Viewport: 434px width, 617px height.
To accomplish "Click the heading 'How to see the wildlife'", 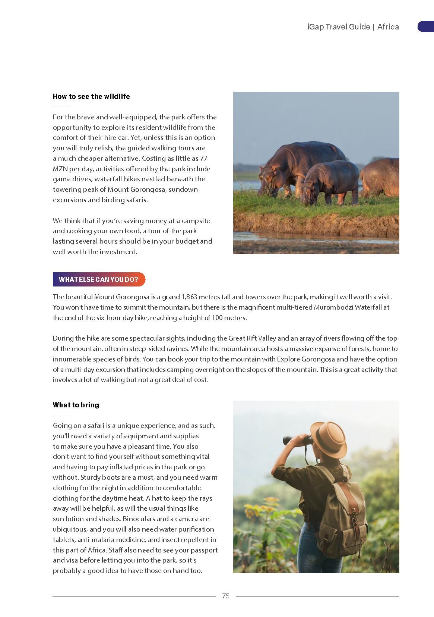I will [x=91, y=97].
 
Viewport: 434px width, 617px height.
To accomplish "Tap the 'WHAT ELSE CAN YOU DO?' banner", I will [x=98, y=279].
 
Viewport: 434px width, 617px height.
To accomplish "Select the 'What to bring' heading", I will [x=76, y=405].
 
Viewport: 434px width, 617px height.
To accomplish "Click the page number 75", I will [x=226, y=596].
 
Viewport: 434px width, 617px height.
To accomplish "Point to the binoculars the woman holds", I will [x=297, y=440].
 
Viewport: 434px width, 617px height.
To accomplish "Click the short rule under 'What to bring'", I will [x=61, y=415].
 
